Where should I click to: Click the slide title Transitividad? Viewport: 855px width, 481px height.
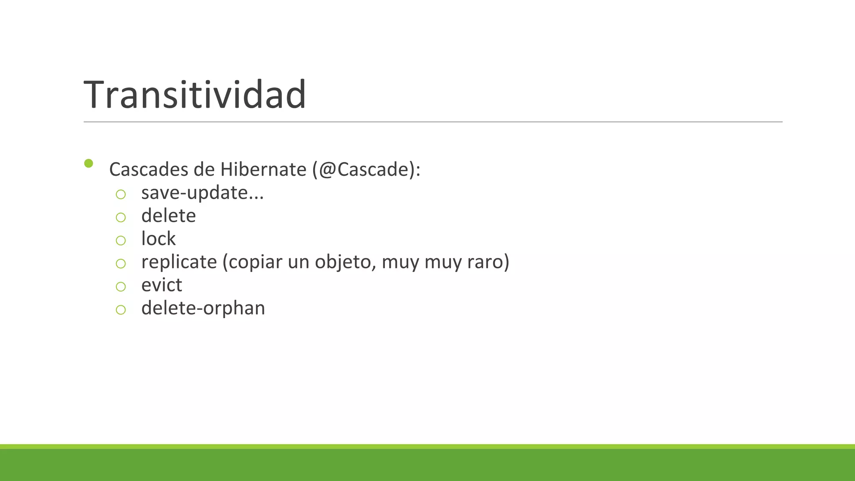195,95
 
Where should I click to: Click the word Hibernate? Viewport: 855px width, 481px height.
263,170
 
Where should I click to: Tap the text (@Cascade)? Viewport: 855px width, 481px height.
367,170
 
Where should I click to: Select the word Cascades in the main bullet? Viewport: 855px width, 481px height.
149,170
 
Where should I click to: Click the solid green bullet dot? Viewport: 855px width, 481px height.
89,163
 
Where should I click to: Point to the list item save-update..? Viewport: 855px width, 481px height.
202,193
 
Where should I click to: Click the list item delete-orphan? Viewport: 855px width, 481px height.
203,308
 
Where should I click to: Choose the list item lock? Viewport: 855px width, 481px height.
158,239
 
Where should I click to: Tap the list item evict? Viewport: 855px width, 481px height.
162,285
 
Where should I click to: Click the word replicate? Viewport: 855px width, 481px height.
179,262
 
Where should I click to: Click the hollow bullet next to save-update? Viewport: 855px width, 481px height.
121,194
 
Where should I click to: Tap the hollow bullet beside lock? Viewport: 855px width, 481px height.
121,240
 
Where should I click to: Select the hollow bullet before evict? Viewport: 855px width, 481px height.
121,286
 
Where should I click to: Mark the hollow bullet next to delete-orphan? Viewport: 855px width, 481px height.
121,310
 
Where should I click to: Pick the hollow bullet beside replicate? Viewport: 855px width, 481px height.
121,263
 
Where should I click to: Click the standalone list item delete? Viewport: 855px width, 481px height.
168,216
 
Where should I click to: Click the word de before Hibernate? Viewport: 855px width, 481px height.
204,170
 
